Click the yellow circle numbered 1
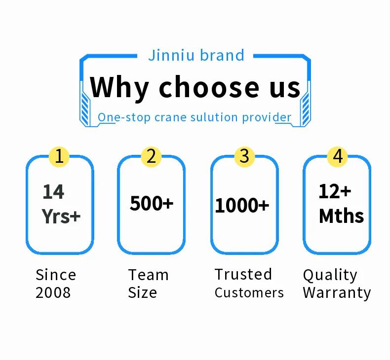click(x=59, y=156)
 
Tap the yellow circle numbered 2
click(x=151, y=156)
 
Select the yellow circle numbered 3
click(x=244, y=156)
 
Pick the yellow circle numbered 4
click(x=337, y=156)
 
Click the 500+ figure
click(x=152, y=203)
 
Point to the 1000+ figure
click(x=242, y=206)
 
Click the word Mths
click(x=341, y=216)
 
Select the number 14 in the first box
click(x=53, y=192)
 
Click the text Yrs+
click(x=61, y=216)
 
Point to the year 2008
click(x=53, y=292)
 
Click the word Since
click(x=56, y=275)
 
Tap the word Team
click(x=148, y=275)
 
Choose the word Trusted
click(x=243, y=274)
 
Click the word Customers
click(x=249, y=292)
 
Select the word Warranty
click(x=337, y=292)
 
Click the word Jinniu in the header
click(x=169, y=55)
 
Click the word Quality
click(x=330, y=275)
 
